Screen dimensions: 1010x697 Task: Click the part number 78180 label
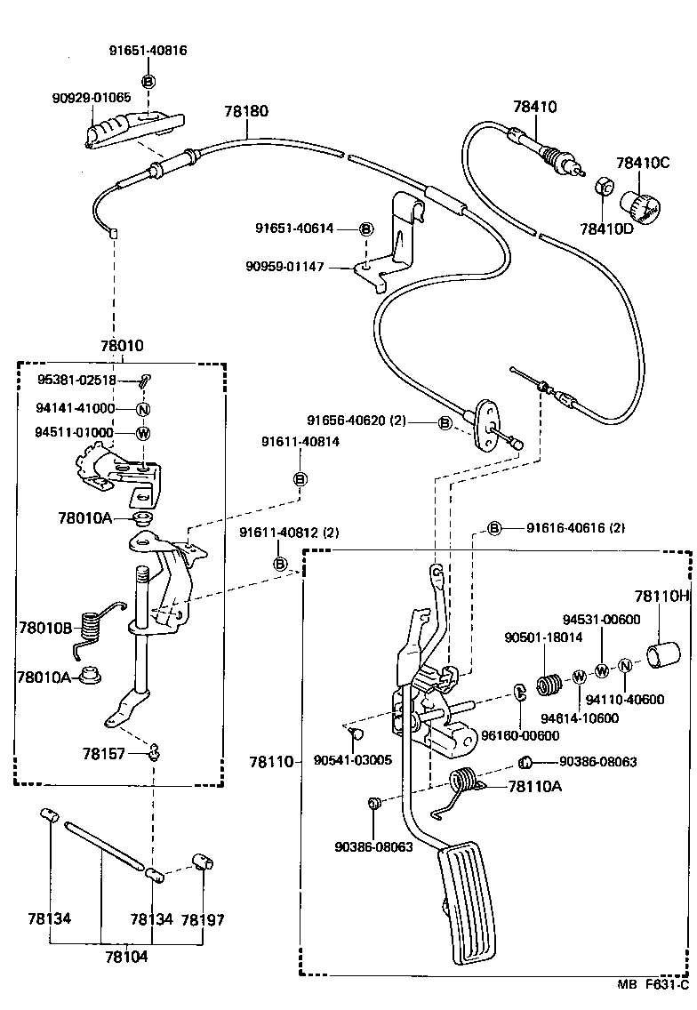(x=246, y=112)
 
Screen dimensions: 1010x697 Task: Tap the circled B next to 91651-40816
(x=148, y=82)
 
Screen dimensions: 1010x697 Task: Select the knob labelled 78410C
(x=645, y=205)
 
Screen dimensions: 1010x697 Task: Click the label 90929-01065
(x=92, y=97)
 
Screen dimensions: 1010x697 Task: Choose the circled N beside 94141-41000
(x=142, y=409)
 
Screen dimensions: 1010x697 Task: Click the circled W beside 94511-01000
(x=142, y=433)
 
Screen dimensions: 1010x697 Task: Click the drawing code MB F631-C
(x=654, y=985)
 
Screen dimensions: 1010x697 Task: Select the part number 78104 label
(x=126, y=958)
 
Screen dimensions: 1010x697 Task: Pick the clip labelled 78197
(x=205, y=863)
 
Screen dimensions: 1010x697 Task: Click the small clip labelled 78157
(x=154, y=753)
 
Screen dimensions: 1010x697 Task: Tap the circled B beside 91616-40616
(x=495, y=528)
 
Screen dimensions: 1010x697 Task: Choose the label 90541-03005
(x=353, y=760)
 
